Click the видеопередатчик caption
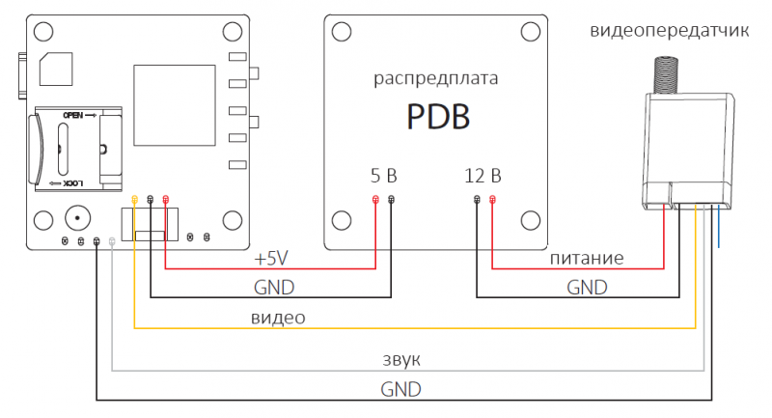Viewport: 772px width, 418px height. (x=669, y=31)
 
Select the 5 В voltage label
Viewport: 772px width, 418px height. (x=383, y=176)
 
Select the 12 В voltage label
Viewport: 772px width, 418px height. (x=482, y=176)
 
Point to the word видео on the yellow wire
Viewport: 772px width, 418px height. (x=278, y=318)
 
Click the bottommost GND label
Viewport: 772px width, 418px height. (x=400, y=388)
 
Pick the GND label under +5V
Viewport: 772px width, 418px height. (x=273, y=288)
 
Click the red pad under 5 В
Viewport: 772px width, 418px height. (x=375, y=200)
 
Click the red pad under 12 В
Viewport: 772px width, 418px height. (x=493, y=200)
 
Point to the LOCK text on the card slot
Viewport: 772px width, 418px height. (x=74, y=182)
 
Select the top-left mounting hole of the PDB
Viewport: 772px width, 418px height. (x=340, y=32)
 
